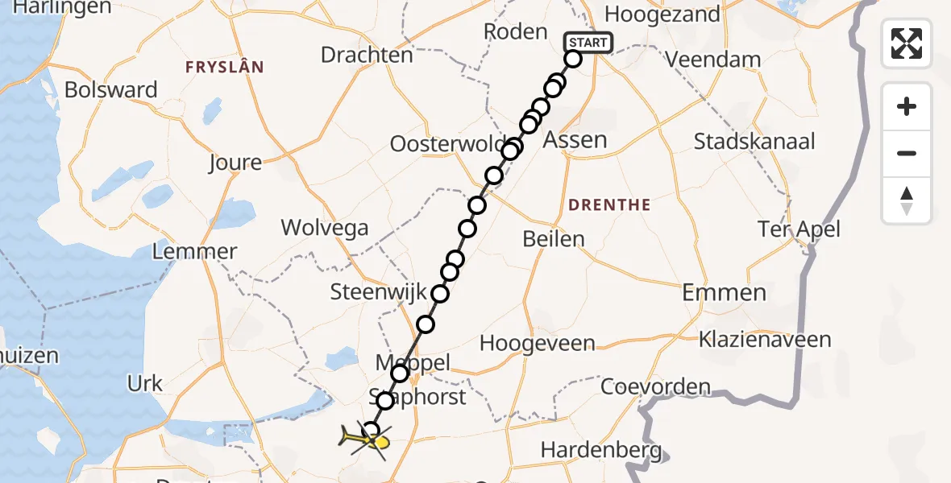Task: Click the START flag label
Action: (590, 43)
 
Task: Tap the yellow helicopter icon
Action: (364, 440)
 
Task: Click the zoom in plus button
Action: (907, 106)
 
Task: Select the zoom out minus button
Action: (907, 153)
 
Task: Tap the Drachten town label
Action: (367, 55)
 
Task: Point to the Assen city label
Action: (575, 140)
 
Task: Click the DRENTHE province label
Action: (609, 205)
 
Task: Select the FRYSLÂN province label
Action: (225, 67)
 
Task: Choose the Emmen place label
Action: (724, 292)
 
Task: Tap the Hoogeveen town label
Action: (537, 343)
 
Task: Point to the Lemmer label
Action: (194, 251)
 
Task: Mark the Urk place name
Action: (145, 383)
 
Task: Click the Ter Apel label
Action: (799, 229)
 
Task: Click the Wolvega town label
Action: (325, 228)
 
